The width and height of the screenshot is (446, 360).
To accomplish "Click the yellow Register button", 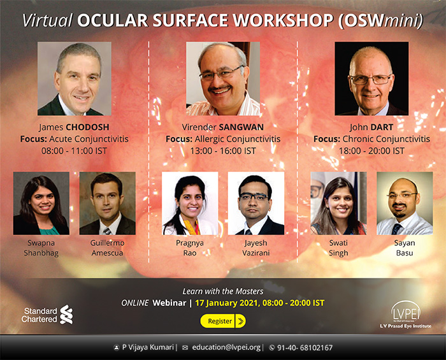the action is tap(223, 321).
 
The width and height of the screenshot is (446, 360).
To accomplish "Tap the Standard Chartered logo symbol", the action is tap(66, 315).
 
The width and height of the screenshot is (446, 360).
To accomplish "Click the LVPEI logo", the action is tap(406, 315).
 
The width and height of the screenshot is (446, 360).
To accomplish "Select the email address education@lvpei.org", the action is tap(226, 347).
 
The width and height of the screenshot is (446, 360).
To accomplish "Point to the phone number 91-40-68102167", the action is tap(305, 347).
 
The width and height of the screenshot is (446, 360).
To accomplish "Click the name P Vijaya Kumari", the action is tap(148, 347).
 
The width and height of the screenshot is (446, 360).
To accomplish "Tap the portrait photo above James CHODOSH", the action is tap(75, 79).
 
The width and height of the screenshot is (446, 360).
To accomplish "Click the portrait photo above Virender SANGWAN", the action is tap(223, 79).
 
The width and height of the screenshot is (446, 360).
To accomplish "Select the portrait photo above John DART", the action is tap(371, 79).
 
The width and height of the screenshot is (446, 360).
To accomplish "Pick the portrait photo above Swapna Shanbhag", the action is tap(41, 203).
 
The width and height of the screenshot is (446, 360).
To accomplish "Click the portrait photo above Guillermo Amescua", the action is tap(108, 203).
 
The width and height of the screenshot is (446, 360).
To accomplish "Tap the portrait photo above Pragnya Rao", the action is tap(190, 203).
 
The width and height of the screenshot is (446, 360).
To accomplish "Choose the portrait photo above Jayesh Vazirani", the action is tap(256, 203).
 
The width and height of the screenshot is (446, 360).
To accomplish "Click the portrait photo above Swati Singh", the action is tap(338, 203).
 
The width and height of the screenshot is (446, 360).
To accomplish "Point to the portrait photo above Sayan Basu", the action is tap(405, 203).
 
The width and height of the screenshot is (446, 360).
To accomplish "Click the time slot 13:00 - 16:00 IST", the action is tap(223, 151).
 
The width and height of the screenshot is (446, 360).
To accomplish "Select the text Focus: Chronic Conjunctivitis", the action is tap(371, 139).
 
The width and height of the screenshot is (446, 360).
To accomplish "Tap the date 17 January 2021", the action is tap(227, 303).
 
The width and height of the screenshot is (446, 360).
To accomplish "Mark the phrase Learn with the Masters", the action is tap(223, 291).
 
